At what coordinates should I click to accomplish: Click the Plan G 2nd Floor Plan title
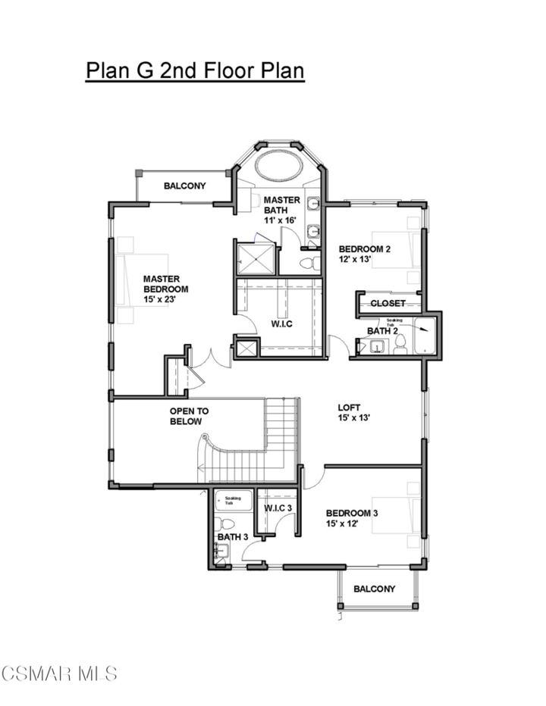point(195,70)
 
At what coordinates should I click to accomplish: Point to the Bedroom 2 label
point(364,254)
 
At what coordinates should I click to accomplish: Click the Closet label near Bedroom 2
point(388,303)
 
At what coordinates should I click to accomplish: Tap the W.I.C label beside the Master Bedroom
point(281,324)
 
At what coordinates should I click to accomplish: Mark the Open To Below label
point(188,417)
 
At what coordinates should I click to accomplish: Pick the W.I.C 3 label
point(278,508)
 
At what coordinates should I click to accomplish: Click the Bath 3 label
point(233,537)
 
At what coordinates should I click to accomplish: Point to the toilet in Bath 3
point(221,523)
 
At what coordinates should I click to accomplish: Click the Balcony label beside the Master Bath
point(185,186)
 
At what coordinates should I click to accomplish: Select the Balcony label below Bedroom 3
point(375,589)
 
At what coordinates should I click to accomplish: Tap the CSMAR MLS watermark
point(59,673)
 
